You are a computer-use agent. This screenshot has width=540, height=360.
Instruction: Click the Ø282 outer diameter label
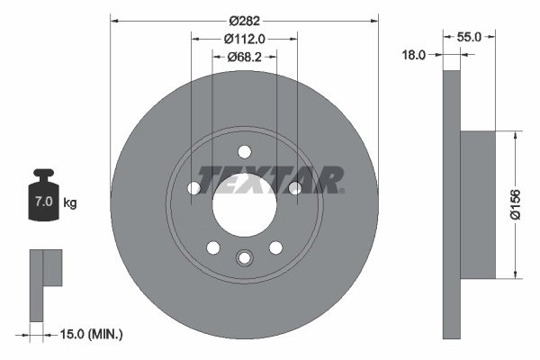pyautogui.click(x=244, y=20)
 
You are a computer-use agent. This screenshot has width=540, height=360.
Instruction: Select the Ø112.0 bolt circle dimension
pyautogui.click(x=244, y=39)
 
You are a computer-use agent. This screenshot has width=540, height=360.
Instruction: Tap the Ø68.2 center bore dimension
pyautogui.click(x=244, y=58)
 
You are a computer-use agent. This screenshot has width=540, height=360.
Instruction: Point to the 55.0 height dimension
pyautogui.click(x=470, y=37)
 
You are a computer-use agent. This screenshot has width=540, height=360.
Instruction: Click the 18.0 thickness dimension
pyautogui.click(x=413, y=55)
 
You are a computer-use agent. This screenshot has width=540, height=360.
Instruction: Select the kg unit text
pyautogui.click(x=70, y=203)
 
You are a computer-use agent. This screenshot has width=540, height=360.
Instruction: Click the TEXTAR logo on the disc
pyautogui.click(x=270, y=180)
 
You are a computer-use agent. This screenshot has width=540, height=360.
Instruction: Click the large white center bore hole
pyautogui.click(x=244, y=203)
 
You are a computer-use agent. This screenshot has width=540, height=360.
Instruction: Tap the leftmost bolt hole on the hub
pyautogui.click(x=193, y=188)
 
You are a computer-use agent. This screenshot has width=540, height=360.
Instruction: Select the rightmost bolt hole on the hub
pyautogui.click(x=293, y=188)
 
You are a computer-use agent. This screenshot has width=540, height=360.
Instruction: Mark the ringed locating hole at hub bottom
pyautogui.click(x=244, y=259)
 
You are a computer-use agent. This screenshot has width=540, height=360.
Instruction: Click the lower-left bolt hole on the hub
pyautogui.click(x=212, y=247)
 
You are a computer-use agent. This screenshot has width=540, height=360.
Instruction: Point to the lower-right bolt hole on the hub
pyautogui.click(x=275, y=247)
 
